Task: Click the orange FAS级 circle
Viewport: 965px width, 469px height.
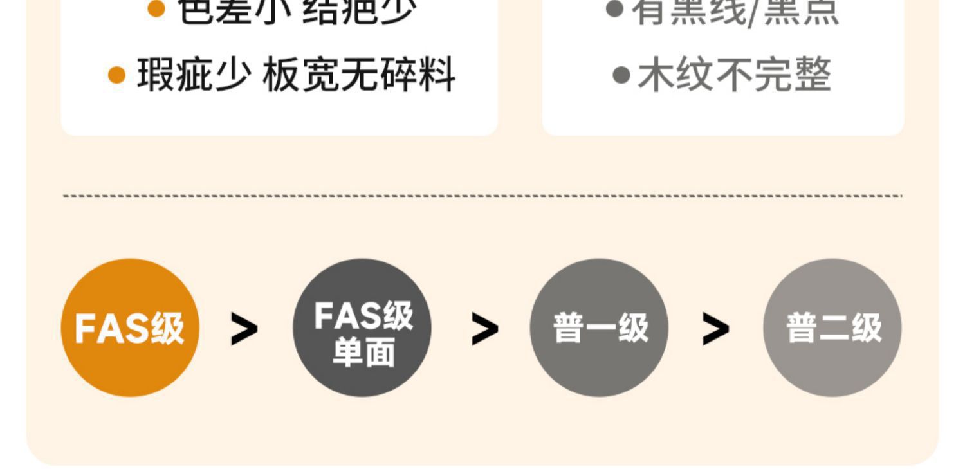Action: [130, 327]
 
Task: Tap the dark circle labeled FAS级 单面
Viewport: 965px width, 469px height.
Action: [362, 327]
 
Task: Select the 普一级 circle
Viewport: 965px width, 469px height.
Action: [599, 327]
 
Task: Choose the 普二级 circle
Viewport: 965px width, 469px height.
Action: [832, 327]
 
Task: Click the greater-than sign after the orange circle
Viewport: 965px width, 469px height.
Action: [244, 329]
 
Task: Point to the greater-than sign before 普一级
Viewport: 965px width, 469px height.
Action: [484, 329]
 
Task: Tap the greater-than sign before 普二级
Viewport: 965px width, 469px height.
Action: [715, 329]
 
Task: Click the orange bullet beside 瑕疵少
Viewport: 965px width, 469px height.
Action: [116, 75]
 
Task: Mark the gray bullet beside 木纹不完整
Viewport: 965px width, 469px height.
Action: [621, 75]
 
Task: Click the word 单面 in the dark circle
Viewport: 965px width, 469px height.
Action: [363, 354]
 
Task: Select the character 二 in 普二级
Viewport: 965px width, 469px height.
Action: [833, 329]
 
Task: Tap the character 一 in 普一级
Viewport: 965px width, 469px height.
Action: [600, 329]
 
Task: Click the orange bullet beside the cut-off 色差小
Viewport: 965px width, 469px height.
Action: [156, 9]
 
